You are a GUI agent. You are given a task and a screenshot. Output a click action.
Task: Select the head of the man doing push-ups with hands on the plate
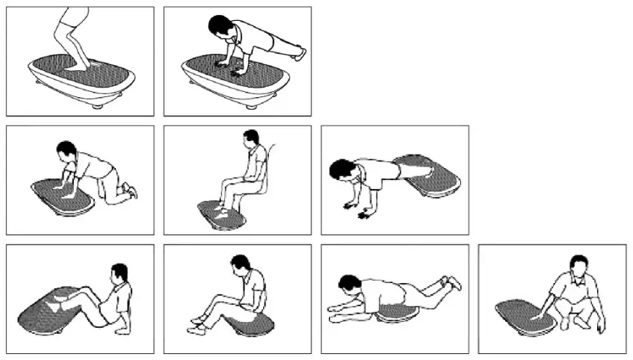tap(218, 28)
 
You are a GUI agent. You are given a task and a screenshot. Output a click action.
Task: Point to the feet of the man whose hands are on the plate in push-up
tap(300, 53)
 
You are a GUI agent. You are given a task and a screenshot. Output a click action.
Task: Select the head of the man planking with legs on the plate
tap(342, 170)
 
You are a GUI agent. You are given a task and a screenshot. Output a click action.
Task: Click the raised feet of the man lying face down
tap(451, 282)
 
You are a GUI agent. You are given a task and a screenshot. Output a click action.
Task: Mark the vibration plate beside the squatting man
tap(523, 314)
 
